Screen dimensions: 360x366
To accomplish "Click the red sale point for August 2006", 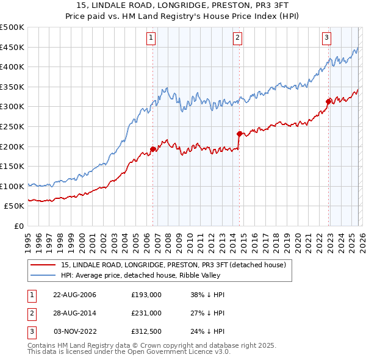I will pos(153,149).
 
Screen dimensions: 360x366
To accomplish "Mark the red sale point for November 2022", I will pos(328,101).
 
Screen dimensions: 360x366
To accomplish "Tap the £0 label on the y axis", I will pos(18,226).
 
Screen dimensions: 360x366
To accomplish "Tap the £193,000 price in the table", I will pos(146,295).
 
